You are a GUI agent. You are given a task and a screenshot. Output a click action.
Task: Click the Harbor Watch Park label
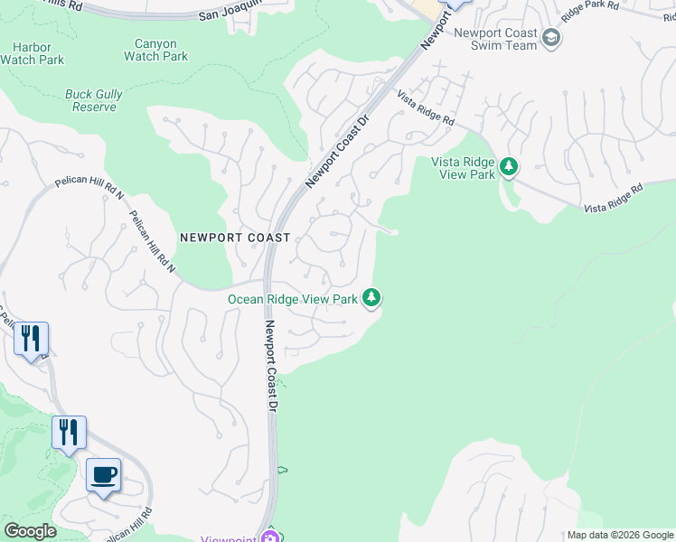(x=33, y=52)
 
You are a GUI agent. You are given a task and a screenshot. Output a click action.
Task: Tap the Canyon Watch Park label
(x=155, y=50)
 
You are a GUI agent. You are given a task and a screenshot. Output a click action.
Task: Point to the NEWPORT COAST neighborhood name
(x=235, y=238)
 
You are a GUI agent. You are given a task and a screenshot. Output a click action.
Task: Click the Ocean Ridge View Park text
(x=292, y=299)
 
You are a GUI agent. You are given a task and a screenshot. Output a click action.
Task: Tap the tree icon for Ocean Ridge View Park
(x=371, y=297)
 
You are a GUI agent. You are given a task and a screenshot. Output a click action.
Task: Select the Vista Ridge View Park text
(x=463, y=168)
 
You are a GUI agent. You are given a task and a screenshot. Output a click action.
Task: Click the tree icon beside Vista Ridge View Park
(x=509, y=166)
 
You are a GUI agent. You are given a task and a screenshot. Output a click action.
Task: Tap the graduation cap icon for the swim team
(x=551, y=38)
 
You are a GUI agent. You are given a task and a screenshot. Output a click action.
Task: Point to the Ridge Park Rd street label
(x=592, y=12)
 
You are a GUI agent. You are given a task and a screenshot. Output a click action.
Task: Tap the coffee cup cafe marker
(x=103, y=475)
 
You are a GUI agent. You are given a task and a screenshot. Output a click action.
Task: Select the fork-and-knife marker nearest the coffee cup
(x=69, y=433)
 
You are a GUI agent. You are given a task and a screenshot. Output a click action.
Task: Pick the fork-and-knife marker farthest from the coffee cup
(x=31, y=340)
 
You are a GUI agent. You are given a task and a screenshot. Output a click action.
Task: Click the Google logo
(x=30, y=531)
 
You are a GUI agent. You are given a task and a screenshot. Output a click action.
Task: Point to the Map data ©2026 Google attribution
(x=619, y=535)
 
